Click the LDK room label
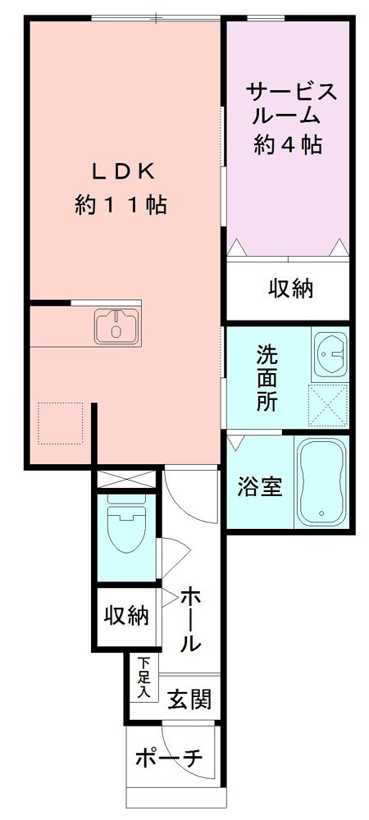tap(123, 171)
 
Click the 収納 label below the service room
tap(291, 289)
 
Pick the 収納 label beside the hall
tap(125, 615)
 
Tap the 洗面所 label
tap(266, 379)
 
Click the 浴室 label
tap(260, 487)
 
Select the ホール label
tap(190, 619)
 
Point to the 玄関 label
tap(190, 699)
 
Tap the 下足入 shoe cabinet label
tap(144, 677)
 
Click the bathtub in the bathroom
tap(322, 483)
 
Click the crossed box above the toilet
tap(125, 478)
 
